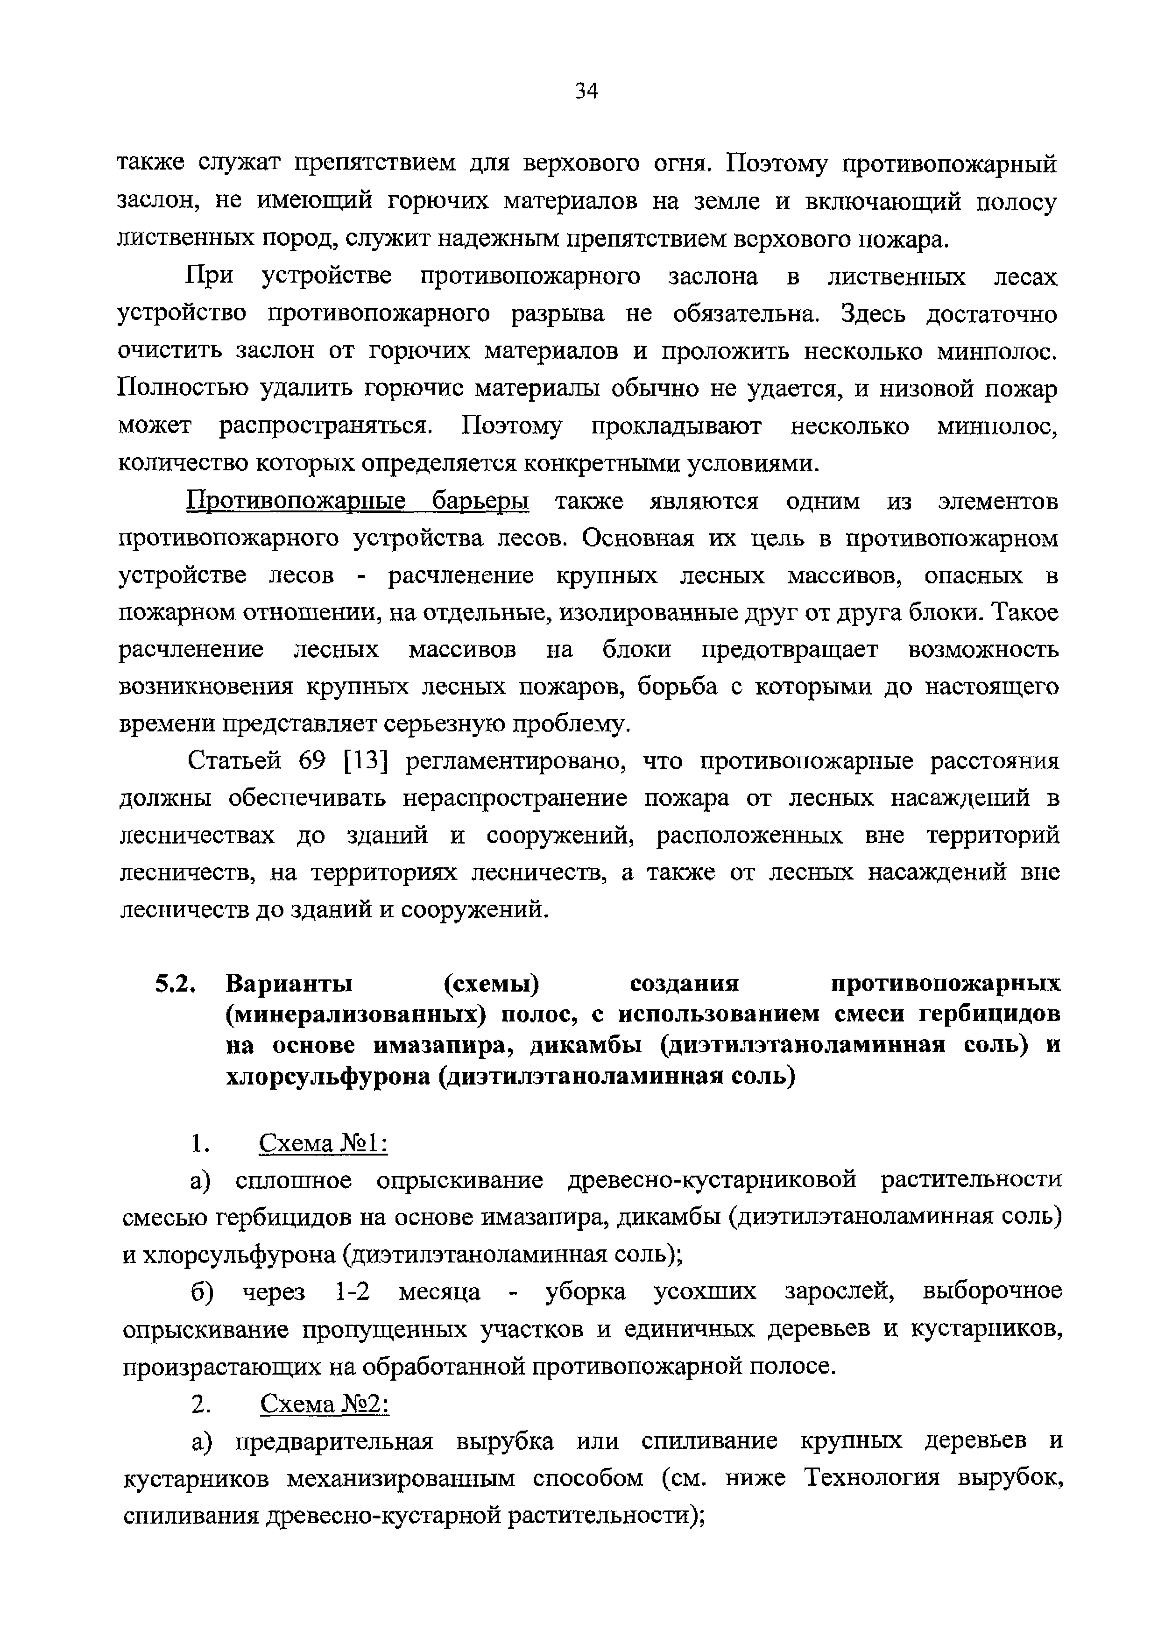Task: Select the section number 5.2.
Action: [174, 985]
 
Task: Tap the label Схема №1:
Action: [323, 1143]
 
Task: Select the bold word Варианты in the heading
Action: [289, 985]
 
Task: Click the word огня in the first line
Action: [681, 165]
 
